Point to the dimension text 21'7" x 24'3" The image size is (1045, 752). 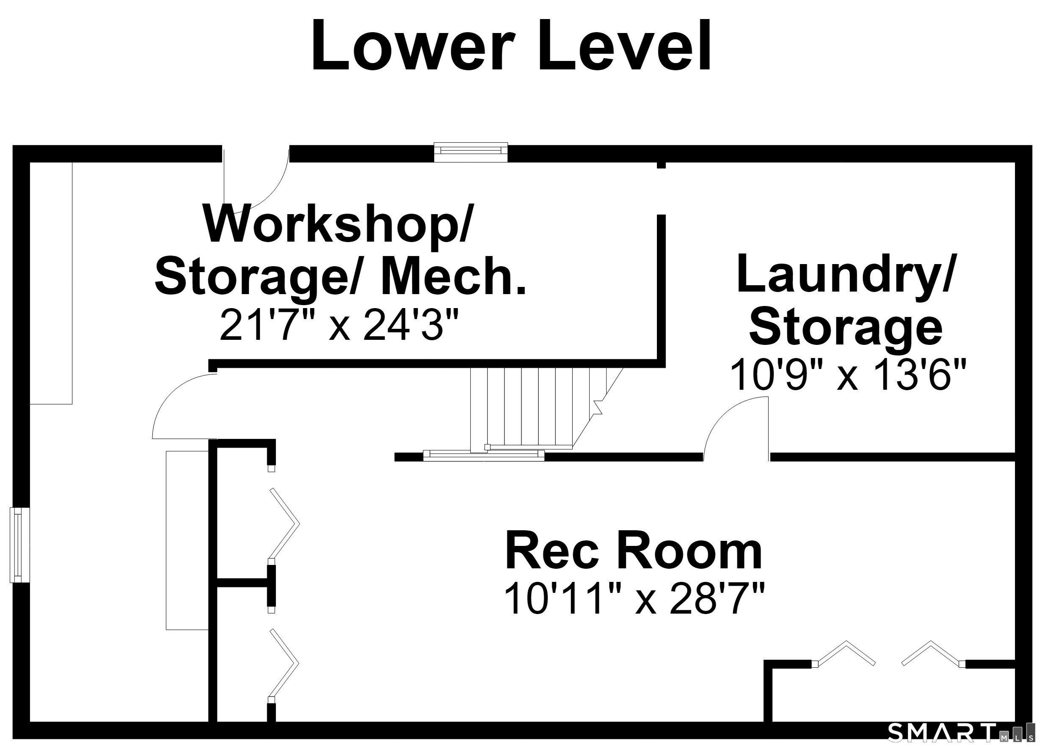(x=339, y=325)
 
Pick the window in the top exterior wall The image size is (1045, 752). (x=471, y=152)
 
